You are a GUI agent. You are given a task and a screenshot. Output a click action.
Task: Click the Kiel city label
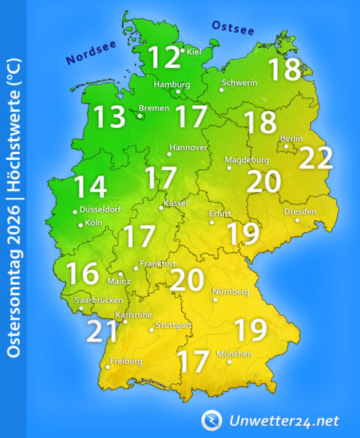[194, 52]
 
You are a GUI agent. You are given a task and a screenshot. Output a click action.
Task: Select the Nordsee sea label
[91, 55]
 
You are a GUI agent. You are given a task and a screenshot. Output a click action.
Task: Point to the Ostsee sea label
[232, 28]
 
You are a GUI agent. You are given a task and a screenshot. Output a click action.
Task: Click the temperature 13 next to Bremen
[109, 117]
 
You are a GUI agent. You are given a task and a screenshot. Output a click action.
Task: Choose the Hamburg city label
[172, 83]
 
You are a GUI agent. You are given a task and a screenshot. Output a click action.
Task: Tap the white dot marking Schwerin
[221, 90]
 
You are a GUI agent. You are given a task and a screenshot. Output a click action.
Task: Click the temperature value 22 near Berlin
[315, 157]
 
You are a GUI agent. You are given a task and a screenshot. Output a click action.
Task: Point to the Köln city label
[93, 222]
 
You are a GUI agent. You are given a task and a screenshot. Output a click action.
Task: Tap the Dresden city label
[301, 212]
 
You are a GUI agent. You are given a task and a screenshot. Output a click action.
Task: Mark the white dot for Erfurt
[212, 222]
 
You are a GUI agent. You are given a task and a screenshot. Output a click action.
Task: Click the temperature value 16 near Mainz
[82, 273]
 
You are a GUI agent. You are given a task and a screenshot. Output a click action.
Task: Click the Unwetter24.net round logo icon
[212, 420]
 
